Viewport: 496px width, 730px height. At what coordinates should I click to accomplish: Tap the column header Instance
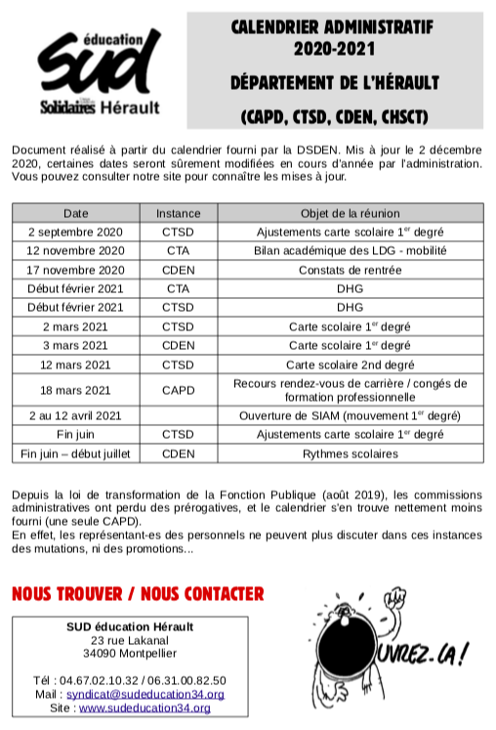coord(178,213)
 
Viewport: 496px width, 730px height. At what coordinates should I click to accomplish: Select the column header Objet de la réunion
coord(350,213)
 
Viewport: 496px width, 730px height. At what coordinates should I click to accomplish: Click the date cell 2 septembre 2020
coord(76,232)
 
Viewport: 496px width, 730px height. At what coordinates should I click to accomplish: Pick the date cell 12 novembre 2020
coord(76,250)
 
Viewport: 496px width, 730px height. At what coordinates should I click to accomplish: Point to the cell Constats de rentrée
coord(350,269)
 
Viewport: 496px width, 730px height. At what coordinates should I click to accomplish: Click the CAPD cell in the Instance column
coord(178,390)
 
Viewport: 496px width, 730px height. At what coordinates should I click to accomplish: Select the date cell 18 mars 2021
coord(76,390)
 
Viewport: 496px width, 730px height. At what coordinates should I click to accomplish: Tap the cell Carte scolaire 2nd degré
coord(350,365)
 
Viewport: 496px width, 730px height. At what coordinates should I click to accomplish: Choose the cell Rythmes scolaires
coord(350,452)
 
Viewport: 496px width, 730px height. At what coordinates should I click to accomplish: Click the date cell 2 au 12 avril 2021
coord(76,415)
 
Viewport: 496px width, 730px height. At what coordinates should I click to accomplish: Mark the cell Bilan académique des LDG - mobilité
coord(350,250)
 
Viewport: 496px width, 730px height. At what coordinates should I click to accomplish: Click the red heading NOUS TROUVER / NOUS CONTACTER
coord(138,593)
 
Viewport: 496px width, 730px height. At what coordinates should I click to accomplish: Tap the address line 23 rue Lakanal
coord(130,639)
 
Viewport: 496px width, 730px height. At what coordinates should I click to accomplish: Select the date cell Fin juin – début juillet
coord(76,452)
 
